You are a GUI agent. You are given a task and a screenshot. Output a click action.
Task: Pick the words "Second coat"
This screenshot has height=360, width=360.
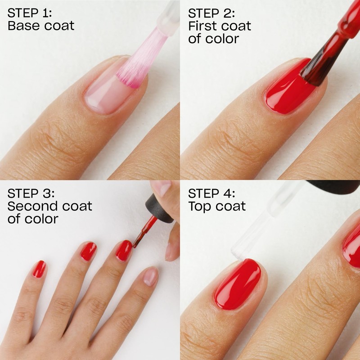coord(50,207)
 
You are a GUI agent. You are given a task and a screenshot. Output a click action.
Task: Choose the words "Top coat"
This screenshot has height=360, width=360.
coord(217,207)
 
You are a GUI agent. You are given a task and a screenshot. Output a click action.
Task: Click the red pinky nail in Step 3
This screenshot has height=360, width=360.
coord(39,269)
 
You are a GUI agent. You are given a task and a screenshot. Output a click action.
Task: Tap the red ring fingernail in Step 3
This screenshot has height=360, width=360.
coord(89,251)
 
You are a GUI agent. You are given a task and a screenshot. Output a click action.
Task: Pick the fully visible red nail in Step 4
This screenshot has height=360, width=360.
coord(237,283)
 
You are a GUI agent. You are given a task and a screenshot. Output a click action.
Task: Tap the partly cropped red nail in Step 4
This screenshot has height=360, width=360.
coord(351,248)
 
